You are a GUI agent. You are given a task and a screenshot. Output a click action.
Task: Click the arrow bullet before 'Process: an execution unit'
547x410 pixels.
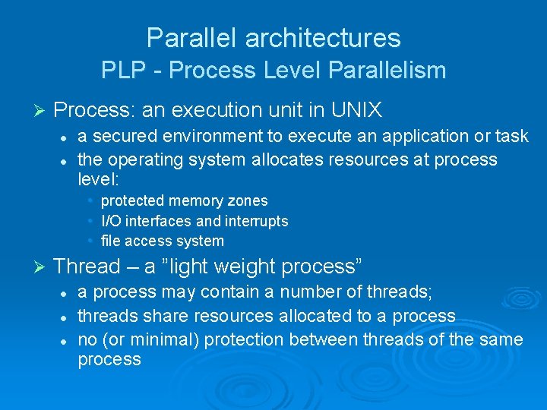pyautogui.click(x=42, y=111)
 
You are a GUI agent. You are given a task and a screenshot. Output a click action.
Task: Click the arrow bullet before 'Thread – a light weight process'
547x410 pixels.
pyautogui.click(x=42, y=266)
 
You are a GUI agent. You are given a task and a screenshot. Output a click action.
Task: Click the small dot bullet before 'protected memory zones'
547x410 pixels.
pyautogui.click(x=90, y=200)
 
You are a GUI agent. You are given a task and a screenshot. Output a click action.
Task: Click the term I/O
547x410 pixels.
pyautogui.click(x=111, y=221)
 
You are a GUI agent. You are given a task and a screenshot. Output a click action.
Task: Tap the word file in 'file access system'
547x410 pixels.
pyautogui.click(x=110, y=241)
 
